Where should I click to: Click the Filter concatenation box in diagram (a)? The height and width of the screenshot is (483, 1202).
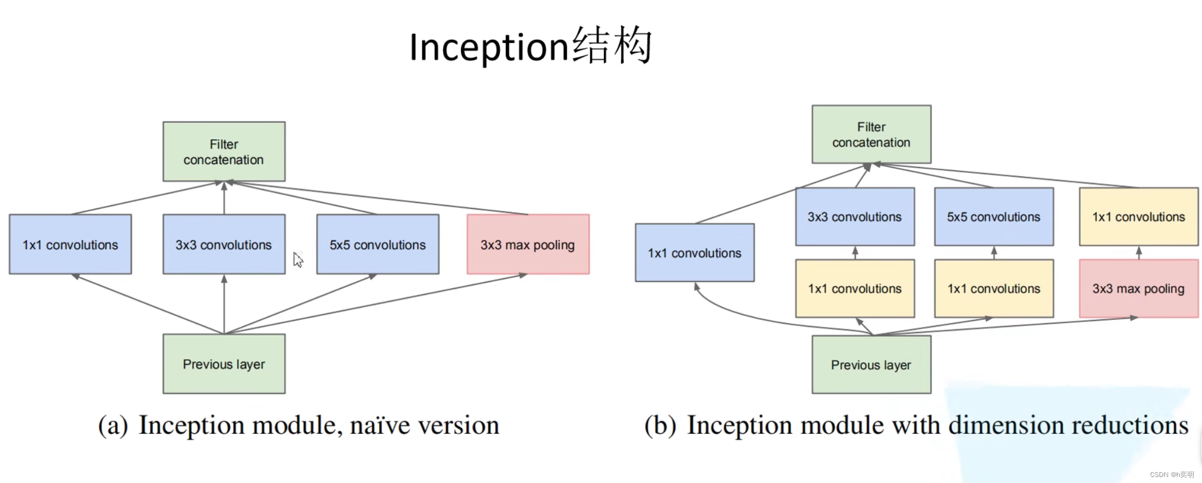pyautogui.click(x=224, y=152)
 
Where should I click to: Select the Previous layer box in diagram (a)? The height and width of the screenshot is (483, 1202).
pyautogui.click(x=224, y=364)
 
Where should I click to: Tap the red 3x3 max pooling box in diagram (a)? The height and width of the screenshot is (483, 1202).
pyautogui.click(x=528, y=245)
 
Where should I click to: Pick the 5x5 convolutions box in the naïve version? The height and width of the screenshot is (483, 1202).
pyautogui.click(x=378, y=245)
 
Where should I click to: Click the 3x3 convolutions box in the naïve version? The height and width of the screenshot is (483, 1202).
pyautogui.click(x=224, y=245)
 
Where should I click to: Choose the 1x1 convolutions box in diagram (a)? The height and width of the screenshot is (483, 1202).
pyautogui.click(x=70, y=245)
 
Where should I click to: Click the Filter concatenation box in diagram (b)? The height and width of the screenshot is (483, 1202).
pyautogui.click(x=871, y=134)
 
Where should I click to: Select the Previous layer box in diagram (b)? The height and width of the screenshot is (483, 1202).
pyautogui.click(x=871, y=365)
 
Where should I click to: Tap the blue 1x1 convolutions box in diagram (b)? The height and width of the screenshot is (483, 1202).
pyautogui.click(x=695, y=253)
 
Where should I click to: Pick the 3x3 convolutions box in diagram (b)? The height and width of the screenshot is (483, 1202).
pyautogui.click(x=854, y=217)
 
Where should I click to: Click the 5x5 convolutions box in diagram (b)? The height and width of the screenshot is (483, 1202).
pyautogui.click(x=994, y=217)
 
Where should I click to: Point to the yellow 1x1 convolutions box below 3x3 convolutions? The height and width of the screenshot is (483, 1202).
pyautogui.click(x=854, y=288)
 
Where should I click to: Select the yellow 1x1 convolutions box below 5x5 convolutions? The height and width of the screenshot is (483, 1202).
pyautogui.click(x=994, y=288)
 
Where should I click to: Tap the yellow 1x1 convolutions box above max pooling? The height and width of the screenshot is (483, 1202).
pyautogui.click(x=1139, y=217)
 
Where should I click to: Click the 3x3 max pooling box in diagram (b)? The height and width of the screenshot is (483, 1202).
pyautogui.click(x=1139, y=288)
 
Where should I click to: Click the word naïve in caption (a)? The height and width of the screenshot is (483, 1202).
pyautogui.click(x=380, y=425)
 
